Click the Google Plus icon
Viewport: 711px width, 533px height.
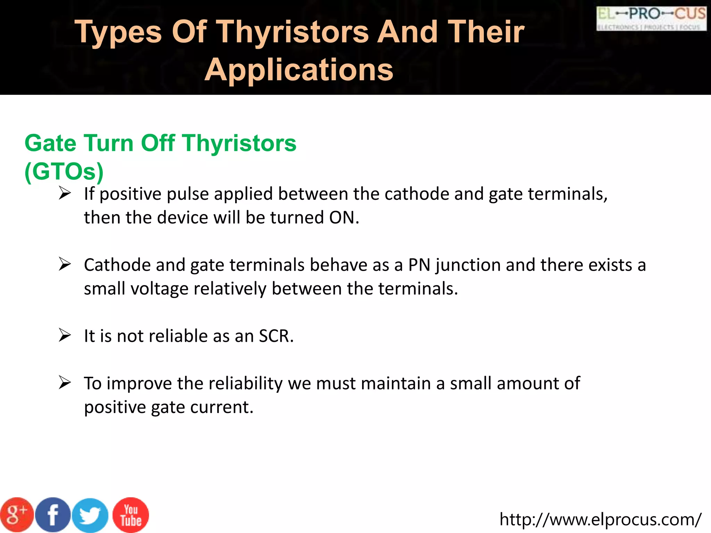pyautogui.click(x=17, y=515)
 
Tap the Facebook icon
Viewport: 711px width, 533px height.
pyautogui.click(x=53, y=515)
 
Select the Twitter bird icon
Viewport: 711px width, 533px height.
pyautogui.click(x=90, y=515)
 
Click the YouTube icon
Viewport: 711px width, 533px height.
pyautogui.click(x=131, y=515)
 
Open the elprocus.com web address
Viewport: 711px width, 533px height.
pyautogui.click(x=600, y=519)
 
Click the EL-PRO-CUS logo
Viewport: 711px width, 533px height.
pyautogui.click(x=651, y=18)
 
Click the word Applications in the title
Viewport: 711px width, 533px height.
pyautogui.click(x=299, y=70)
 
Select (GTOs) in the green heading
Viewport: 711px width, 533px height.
pyautogui.click(x=64, y=171)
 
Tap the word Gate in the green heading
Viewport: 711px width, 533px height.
pyautogui.click(x=50, y=143)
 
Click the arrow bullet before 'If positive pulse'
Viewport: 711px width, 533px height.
pyautogui.click(x=65, y=193)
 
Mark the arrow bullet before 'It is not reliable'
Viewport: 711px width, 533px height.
pyautogui.click(x=65, y=335)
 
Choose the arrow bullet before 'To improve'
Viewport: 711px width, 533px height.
pyautogui.click(x=65, y=383)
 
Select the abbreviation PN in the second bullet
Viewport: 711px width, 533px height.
pyautogui.click(x=419, y=265)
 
